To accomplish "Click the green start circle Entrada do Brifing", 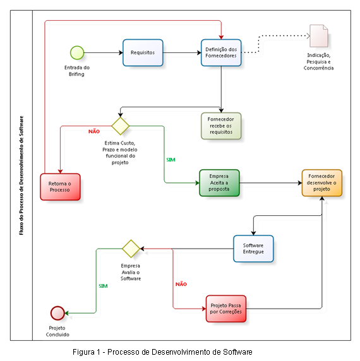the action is coord(77,53).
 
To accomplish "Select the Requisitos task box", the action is coord(143,53).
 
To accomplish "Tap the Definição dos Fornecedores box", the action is coord(221,53).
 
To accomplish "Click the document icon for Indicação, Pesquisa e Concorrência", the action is coord(319,36).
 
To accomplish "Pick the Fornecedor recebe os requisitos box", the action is coord(221,126).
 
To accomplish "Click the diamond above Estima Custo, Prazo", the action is coord(120,126).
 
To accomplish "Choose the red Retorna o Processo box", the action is coord(60,187).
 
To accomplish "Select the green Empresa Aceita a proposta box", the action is coord(219,183).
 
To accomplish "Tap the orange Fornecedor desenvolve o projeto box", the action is coord(321,183).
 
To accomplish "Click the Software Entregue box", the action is coord(253,249).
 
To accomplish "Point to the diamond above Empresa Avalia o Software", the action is coord(131,249).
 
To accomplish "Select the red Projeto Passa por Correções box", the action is coord(226,309).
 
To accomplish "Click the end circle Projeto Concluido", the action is coord(57,313).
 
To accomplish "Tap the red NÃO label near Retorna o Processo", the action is coord(94,131).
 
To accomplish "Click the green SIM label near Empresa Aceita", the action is coord(171,160).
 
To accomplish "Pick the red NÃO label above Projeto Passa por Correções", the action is coord(181,284).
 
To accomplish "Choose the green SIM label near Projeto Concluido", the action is coord(103,286).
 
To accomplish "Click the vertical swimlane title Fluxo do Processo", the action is coord(21,175).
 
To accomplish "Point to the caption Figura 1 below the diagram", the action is coord(162,352).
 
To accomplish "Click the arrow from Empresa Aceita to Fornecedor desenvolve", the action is coord(271,183).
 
